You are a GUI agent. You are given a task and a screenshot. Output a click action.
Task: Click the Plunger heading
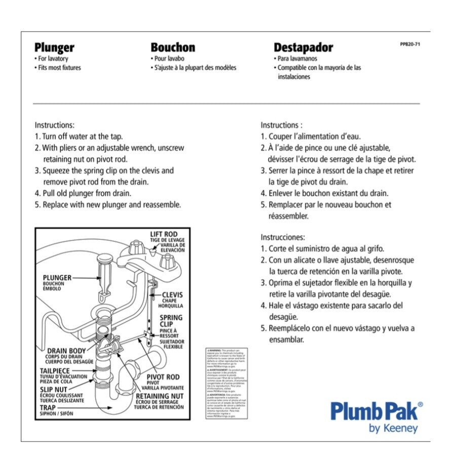pyautogui.click(x=54, y=48)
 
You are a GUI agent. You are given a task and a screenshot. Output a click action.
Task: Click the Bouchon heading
pyautogui.click(x=173, y=48)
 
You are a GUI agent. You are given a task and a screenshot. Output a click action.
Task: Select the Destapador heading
pyautogui.click(x=304, y=48)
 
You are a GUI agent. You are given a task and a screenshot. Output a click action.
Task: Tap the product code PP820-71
pyautogui.click(x=410, y=45)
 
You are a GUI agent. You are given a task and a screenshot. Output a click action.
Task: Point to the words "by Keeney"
pyautogui.click(x=393, y=428)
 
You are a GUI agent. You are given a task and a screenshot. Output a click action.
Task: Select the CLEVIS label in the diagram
pyautogui.click(x=172, y=295)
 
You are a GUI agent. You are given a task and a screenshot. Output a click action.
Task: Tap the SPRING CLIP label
pyautogui.click(x=171, y=321)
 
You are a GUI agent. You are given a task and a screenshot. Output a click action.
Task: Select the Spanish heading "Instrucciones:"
pyautogui.click(x=282, y=237)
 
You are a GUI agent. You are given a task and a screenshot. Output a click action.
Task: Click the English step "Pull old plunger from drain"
pyautogui.click(x=83, y=193)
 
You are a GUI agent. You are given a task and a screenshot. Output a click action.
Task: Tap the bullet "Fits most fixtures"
pyautogui.click(x=59, y=67)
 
